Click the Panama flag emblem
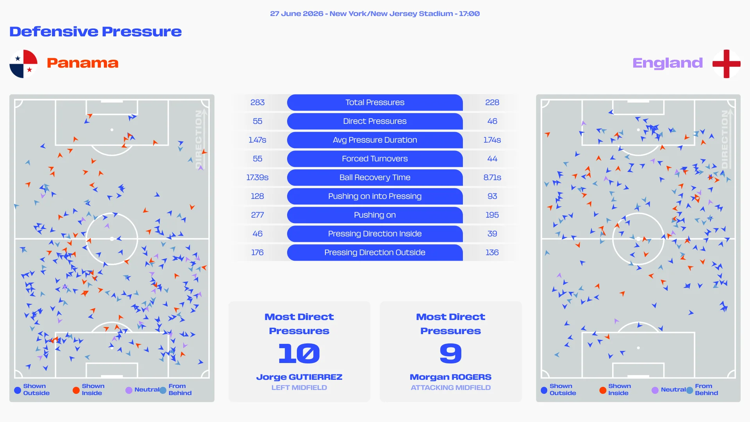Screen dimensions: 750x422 pos(23,64)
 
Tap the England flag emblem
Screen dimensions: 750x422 pos(726,64)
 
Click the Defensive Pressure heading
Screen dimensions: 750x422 pos(96,31)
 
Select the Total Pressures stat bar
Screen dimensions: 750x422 pos(375,102)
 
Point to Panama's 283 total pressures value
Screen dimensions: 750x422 pos(257,102)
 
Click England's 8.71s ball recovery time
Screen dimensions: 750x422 pos(492,177)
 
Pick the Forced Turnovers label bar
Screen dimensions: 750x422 pos(375,159)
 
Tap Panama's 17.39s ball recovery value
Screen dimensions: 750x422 pos(257,177)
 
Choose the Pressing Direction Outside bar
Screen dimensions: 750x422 pos(375,252)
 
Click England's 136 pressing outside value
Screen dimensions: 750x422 pos(492,252)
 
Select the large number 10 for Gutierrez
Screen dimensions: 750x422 pos(299,353)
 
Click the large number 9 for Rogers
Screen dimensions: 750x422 pos(451,353)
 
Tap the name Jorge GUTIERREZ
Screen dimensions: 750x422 pos(299,377)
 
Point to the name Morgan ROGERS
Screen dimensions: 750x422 pos(451,377)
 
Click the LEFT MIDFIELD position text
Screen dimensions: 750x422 pos(299,388)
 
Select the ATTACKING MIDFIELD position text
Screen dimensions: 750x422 pos(451,388)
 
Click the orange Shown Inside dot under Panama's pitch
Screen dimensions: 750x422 pos(76,390)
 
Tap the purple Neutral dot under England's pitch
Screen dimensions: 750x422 pos(655,390)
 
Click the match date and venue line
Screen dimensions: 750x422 pos(375,14)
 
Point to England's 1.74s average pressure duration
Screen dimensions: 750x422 pos(492,140)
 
